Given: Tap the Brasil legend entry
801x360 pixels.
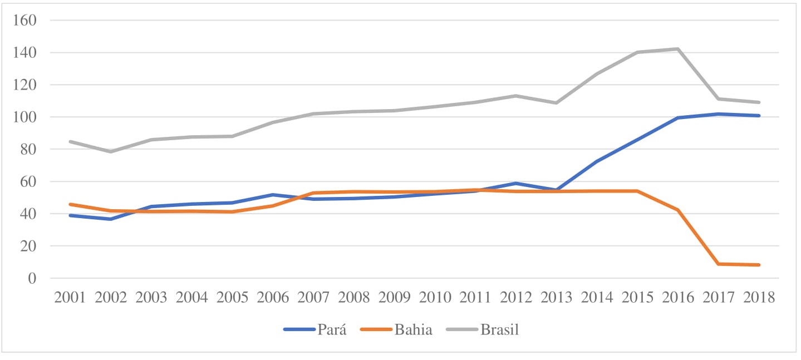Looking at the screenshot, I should coord(499,329).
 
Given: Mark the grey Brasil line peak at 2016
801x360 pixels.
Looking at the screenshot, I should coord(677,49).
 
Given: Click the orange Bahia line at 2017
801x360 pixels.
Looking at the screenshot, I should coord(718,264).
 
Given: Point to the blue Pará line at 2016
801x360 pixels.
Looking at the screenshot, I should coord(677,118).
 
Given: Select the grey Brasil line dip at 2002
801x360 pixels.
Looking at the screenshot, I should coord(111,151).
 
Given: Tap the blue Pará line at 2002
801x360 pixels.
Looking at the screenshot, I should coord(111,219).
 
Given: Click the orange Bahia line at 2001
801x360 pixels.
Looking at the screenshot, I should coord(70,204).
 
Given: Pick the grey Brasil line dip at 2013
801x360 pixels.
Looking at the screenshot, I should coord(556,103).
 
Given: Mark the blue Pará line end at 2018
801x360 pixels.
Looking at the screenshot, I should coord(758,116).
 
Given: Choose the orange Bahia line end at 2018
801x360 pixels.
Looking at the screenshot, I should coord(758,265).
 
